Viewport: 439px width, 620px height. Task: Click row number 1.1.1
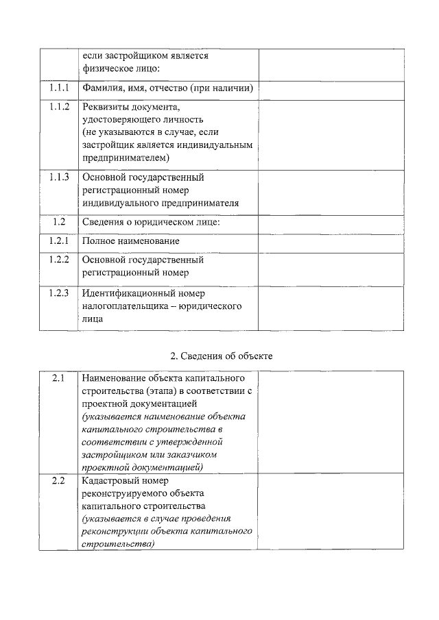point(59,88)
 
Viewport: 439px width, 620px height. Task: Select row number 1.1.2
point(59,107)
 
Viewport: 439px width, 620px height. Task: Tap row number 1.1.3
point(59,177)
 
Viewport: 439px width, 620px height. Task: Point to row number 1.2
point(59,222)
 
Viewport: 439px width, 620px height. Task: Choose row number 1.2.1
point(59,241)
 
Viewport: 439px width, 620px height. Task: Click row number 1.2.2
point(59,260)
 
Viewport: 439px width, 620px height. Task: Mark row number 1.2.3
point(59,293)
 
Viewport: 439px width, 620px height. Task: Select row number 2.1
point(58,378)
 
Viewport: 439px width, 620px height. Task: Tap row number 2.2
point(58,481)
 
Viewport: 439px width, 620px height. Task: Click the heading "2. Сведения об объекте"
point(221,356)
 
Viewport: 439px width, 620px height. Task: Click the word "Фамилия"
point(103,88)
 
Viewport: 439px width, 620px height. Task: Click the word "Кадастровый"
point(110,481)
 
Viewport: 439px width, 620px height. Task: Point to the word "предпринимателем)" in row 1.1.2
point(125,158)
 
